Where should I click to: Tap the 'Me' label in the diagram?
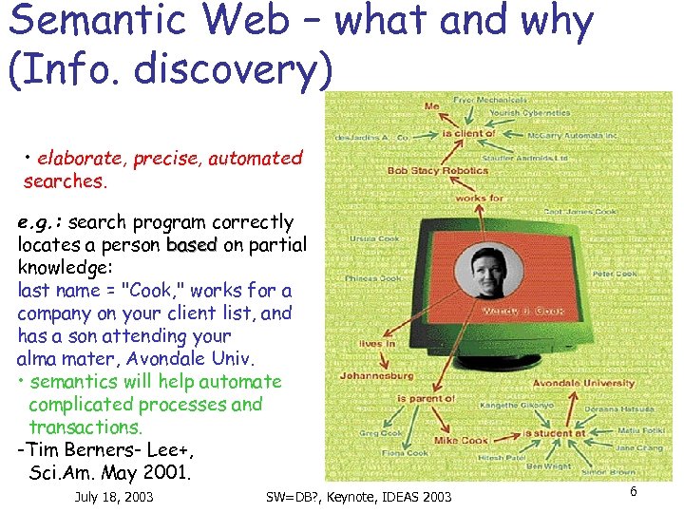pyautogui.click(x=432, y=106)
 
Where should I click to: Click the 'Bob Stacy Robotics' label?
pyautogui.click(x=438, y=171)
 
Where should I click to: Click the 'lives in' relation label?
pyautogui.click(x=377, y=344)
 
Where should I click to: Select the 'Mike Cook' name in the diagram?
pyautogui.click(x=461, y=440)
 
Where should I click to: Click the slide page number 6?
pyautogui.click(x=633, y=491)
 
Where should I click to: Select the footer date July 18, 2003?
pyautogui.click(x=113, y=497)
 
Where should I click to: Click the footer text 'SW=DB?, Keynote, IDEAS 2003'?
pyautogui.click(x=359, y=497)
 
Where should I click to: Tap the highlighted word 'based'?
pyautogui.click(x=192, y=245)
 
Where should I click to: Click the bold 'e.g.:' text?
pyautogui.click(x=40, y=222)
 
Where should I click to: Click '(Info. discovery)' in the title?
pyautogui.click(x=171, y=66)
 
